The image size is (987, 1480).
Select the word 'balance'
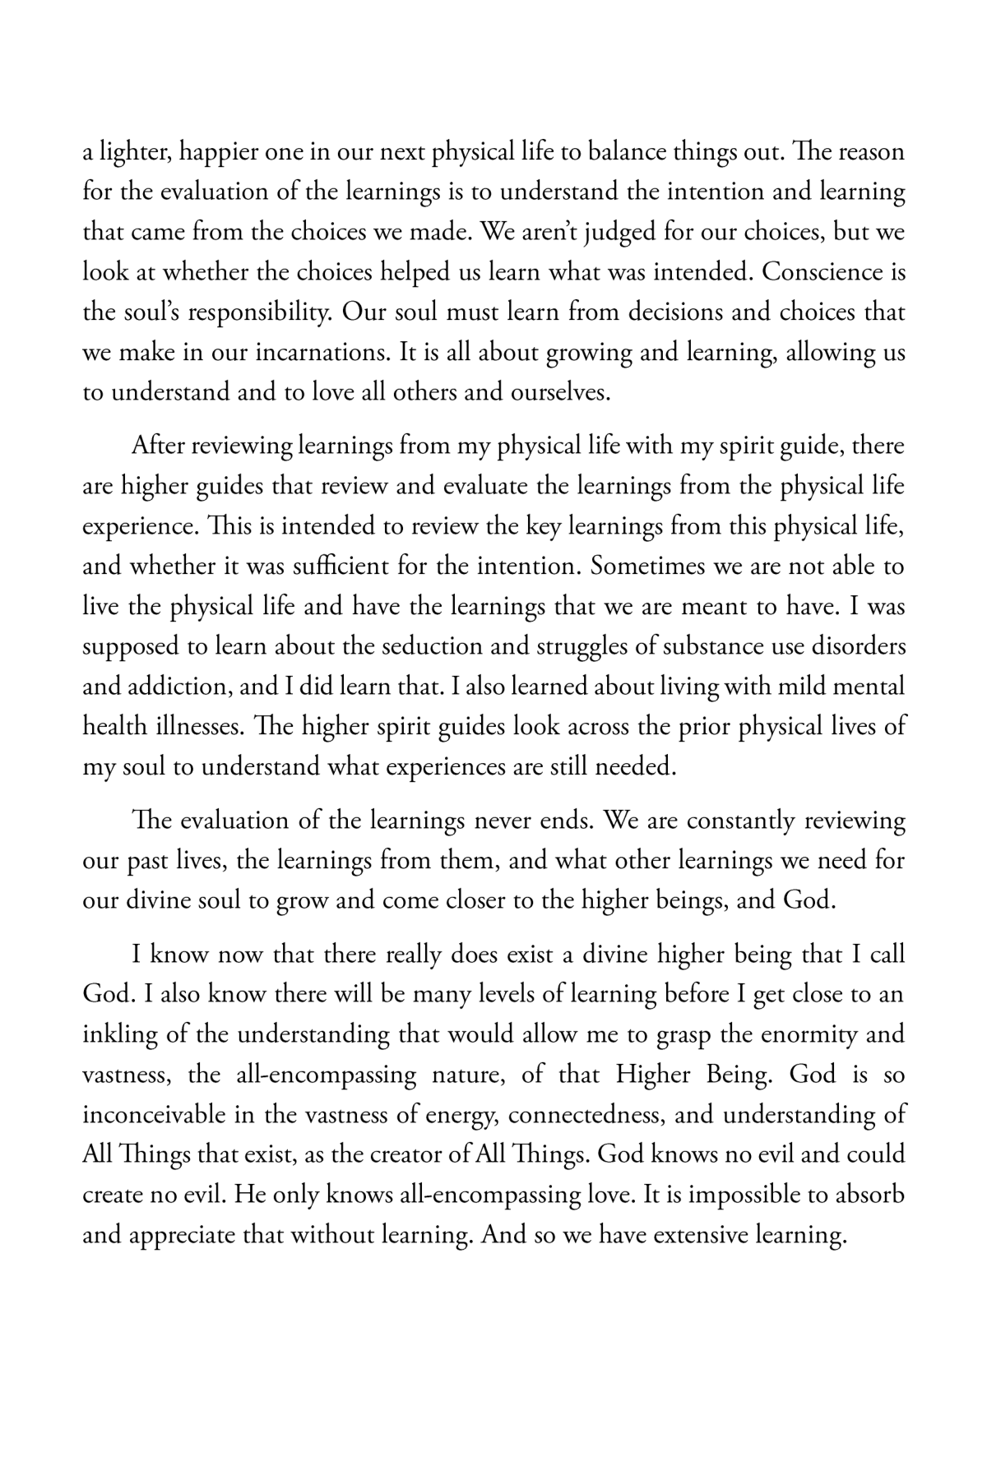click(x=613, y=154)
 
